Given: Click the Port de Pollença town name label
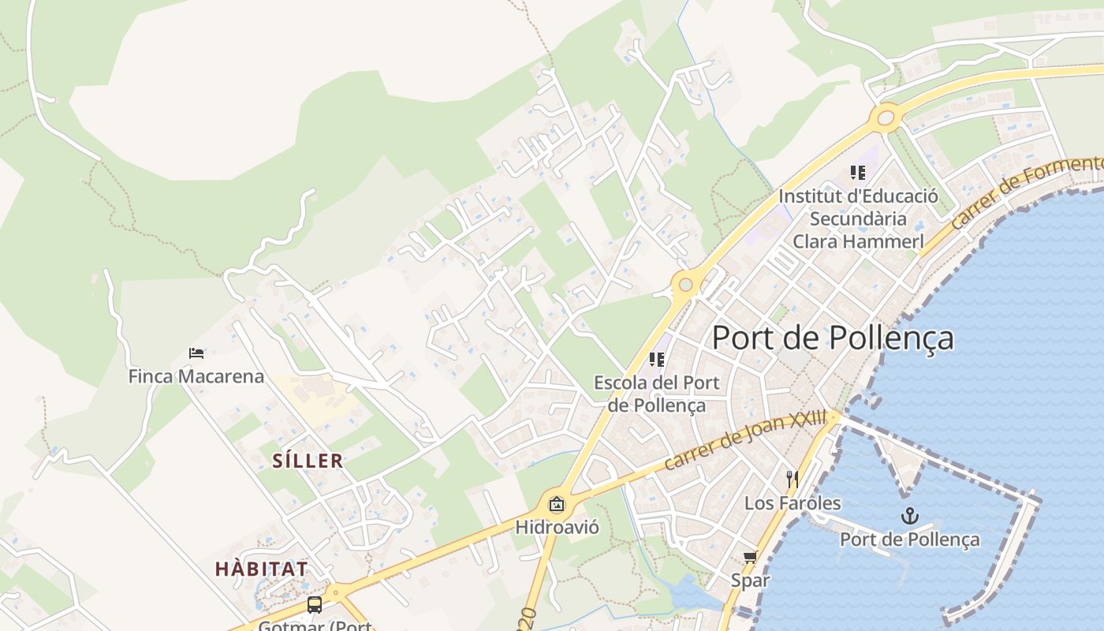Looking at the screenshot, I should coord(833,338).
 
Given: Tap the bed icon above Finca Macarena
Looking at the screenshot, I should coord(196,353).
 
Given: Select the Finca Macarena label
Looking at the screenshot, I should coord(196,376).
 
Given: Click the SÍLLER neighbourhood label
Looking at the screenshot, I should coord(308,461).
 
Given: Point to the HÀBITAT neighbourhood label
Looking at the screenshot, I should coord(261,569).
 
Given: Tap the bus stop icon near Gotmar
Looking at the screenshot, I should coord(315,605).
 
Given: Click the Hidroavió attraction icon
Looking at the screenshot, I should coord(557,503).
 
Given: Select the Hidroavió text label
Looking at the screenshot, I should coord(557,526).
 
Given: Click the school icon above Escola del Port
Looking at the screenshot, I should coord(656,360).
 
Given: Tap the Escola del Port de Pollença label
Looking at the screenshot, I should coord(656,394).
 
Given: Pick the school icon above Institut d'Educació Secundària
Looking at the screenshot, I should coord(857,173).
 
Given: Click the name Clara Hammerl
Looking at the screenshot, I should coord(858,241).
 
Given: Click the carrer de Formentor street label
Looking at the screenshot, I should coord(1025,194).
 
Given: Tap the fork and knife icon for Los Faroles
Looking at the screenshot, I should coord(793,479).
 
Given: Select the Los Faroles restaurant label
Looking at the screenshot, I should coord(793,502).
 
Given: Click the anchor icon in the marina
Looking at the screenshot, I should coord(910,516).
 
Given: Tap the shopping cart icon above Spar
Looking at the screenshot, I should coord(750,558).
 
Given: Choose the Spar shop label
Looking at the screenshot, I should coord(750,581).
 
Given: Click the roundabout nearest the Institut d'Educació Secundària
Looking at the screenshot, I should coord(886,118).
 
